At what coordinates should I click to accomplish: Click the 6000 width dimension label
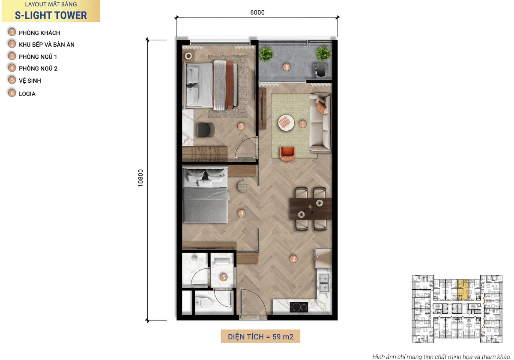click(x=257, y=12)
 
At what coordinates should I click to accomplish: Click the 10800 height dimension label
click(x=140, y=178)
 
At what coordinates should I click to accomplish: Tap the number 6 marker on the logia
click(x=287, y=67)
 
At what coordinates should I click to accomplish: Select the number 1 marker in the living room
click(x=303, y=124)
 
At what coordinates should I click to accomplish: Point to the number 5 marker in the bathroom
click(x=224, y=277)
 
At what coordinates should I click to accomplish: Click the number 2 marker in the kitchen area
click(x=293, y=259)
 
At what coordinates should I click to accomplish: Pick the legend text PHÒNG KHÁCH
click(x=39, y=33)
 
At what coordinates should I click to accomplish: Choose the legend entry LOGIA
click(x=27, y=94)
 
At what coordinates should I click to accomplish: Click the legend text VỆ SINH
click(x=30, y=81)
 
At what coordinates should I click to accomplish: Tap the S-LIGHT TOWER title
click(x=51, y=15)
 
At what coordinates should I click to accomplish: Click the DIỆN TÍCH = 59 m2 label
click(x=260, y=336)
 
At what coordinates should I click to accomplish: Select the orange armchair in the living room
click(x=287, y=153)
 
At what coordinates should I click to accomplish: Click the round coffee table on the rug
click(x=286, y=123)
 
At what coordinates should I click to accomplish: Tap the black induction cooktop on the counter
click(x=299, y=307)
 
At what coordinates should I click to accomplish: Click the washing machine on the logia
click(x=320, y=69)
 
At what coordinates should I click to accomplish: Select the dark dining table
click(x=311, y=209)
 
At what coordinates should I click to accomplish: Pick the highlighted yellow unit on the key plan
click(x=463, y=290)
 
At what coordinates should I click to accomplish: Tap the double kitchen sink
click(x=324, y=283)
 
